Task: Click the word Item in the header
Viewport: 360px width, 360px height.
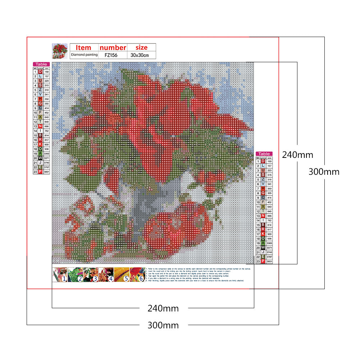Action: pos(84,47)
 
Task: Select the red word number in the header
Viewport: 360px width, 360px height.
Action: pos(113,47)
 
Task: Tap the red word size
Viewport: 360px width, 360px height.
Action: pos(141,47)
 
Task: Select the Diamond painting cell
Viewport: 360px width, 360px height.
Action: pos(84,55)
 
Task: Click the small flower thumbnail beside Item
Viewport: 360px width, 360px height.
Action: pos(60,51)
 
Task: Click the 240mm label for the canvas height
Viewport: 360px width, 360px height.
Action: pos(297,155)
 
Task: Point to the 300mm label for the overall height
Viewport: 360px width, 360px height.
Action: pos(324,172)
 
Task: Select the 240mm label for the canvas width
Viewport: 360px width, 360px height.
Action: pos(163,308)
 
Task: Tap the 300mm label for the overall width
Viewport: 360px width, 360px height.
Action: pos(163,325)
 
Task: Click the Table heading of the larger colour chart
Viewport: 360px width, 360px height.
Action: pos(264,154)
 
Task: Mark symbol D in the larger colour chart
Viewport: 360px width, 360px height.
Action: pos(263,161)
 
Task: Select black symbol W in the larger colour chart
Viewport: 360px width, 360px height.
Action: pos(263,248)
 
